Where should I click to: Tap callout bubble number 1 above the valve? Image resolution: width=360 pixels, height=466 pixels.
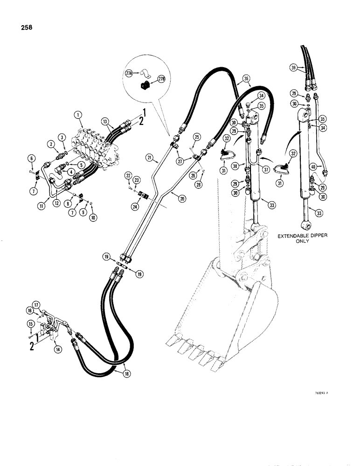point(78,114)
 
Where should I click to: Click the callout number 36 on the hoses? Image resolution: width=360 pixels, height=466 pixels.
point(247,79)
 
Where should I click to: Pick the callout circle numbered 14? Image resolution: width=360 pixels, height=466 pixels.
point(58,348)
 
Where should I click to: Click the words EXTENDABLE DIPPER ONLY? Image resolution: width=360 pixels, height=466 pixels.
point(303,239)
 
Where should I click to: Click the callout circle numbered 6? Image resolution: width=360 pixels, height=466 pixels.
point(31,159)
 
